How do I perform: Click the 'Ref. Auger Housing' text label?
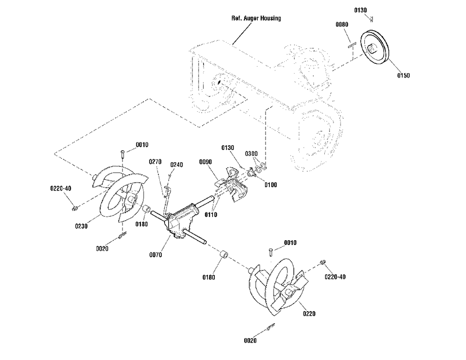coord(256,18)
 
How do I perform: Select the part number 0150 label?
coord(403,75)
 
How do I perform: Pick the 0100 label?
coord(270,185)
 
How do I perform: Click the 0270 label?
coord(155,162)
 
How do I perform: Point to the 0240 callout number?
coord(176,165)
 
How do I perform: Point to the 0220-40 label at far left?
coord(61,189)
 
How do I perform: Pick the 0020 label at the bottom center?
coord(250,340)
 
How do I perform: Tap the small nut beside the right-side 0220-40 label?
coord(321,263)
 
